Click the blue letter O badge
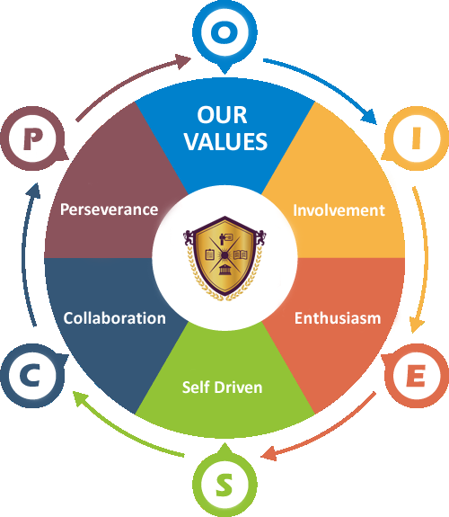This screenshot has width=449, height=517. coord(224,33)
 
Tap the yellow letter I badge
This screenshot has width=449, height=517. coord(417,138)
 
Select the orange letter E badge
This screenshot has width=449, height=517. coord(417,376)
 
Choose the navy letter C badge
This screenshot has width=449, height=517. coord(33,376)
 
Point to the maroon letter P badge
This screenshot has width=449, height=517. coord(33,138)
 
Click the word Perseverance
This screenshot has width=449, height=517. coord(109,209)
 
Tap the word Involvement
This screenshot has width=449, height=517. coord(339,210)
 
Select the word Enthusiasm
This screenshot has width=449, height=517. coord(338,318)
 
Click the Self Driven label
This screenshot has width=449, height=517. coord(223,388)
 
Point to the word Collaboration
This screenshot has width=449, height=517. coord(114,318)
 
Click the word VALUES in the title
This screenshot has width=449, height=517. coord(225,141)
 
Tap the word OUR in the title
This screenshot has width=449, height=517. coord(222,115)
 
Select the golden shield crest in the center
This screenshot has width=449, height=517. coord(224,258)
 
